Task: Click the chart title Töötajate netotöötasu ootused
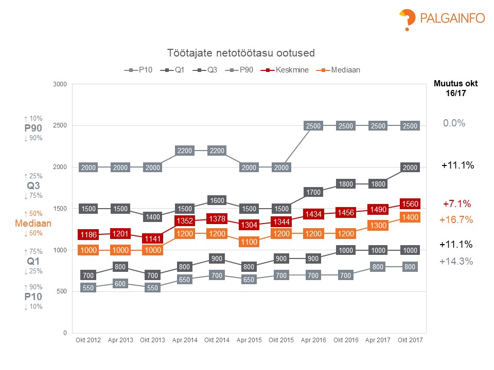(x=241, y=53)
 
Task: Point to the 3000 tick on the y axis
(x=61, y=84)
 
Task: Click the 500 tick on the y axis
(x=62, y=291)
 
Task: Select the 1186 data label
(x=87, y=235)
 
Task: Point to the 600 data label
(x=119, y=283)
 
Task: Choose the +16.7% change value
(x=456, y=220)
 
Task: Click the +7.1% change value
(x=457, y=203)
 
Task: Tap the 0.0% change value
(x=454, y=123)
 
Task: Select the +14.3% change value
(x=456, y=261)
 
